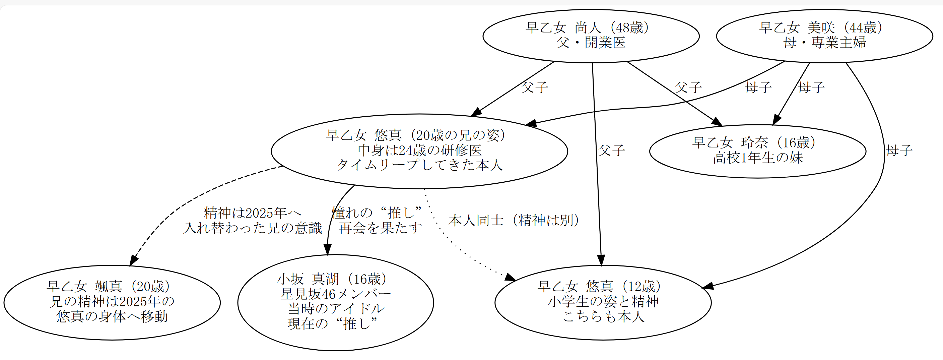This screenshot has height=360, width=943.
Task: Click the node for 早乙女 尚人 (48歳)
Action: (x=591, y=36)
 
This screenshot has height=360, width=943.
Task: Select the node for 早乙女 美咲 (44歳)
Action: (x=824, y=36)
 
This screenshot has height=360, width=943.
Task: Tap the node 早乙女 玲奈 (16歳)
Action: (x=757, y=151)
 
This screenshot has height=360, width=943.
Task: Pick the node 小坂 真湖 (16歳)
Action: (x=335, y=302)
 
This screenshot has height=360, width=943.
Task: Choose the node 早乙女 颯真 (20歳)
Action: (x=112, y=302)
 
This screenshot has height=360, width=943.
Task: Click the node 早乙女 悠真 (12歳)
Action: (x=603, y=302)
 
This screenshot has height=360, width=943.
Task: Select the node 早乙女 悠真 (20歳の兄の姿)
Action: (x=419, y=151)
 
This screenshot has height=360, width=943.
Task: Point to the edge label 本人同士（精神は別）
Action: (x=514, y=220)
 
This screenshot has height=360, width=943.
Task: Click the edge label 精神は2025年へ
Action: (x=253, y=213)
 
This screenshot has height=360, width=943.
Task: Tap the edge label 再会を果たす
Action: (x=380, y=228)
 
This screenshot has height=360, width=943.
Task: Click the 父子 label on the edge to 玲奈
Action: (x=688, y=87)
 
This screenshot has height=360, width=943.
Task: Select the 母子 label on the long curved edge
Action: (x=899, y=150)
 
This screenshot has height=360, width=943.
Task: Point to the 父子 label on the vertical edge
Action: (x=611, y=150)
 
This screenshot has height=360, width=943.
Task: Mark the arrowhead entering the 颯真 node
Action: (x=133, y=260)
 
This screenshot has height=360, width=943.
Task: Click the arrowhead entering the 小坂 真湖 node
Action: (x=328, y=250)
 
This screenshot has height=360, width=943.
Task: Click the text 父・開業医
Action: (x=591, y=43)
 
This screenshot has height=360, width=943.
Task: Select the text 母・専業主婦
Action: (x=824, y=43)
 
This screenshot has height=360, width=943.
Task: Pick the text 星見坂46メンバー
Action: (x=335, y=294)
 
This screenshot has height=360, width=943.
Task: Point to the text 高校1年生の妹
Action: (x=757, y=158)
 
